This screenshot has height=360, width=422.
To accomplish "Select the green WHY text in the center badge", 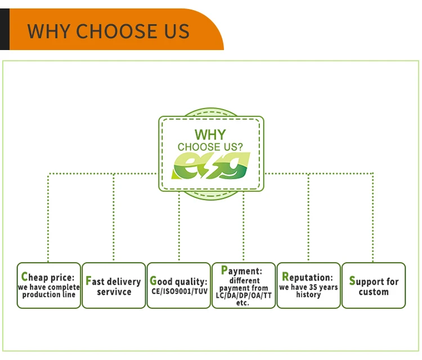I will click(210, 135).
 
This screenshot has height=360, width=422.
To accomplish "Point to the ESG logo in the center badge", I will click(211, 165).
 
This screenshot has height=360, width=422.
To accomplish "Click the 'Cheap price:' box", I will click(48, 285).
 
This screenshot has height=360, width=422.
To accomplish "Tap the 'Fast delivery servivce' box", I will click(114, 285).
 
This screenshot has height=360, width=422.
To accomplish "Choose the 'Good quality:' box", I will click(179, 285).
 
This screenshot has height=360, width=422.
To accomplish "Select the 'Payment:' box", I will click(244, 285).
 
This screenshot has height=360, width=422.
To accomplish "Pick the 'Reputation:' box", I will click(309, 285).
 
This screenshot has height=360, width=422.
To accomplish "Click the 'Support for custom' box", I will click(374, 285).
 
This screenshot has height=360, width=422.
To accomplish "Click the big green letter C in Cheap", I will click(24, 277).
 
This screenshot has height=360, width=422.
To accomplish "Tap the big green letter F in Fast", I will click(88, 281).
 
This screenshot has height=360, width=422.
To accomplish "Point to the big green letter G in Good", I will click(153, 281).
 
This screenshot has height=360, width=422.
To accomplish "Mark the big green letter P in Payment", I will click(224, 271).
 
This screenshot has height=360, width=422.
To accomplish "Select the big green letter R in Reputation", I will click(285, 277).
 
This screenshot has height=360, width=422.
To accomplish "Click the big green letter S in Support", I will click(352, 281).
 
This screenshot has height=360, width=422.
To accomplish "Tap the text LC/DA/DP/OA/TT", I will click(244, 295).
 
